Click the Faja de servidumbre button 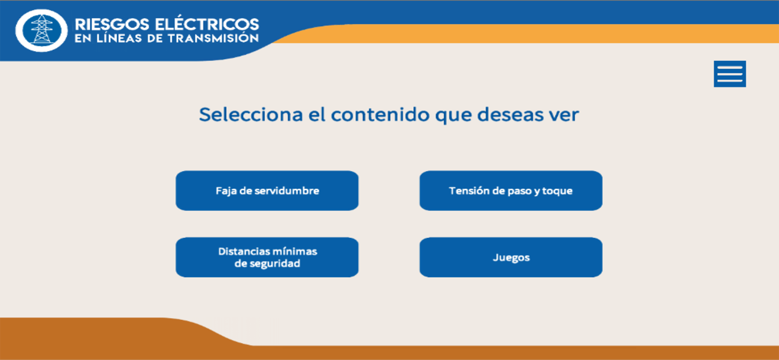click(267, 191)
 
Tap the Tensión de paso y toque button click(511, 191)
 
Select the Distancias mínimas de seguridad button click(267, 257)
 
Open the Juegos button click(511, 257)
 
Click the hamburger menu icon click(730, 74)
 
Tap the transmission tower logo click(41, 30)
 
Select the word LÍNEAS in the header click(119, 38)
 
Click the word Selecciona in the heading click(251, 115)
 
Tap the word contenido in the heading click(380, 115)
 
